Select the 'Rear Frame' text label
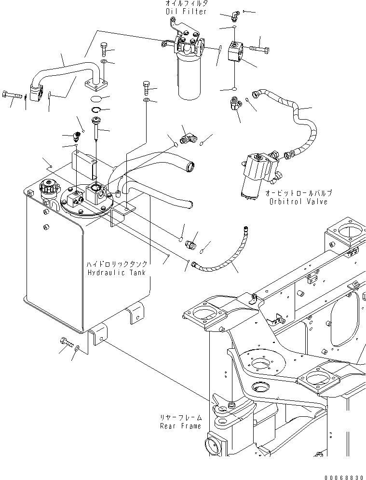[x=180, y=426]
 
